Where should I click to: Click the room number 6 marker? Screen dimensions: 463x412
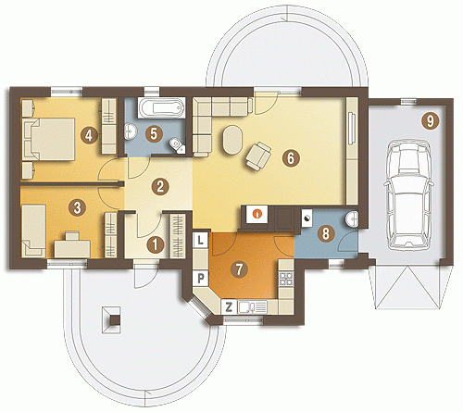tap(291, 158)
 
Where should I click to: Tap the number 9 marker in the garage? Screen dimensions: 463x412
tap(430, 120)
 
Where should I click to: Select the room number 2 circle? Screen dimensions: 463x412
tap(160, 186)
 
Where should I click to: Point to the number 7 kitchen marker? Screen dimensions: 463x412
tap(239, 269)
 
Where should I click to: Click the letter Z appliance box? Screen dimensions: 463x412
tap(229, 307)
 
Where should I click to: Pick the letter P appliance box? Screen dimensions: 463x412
tap(201, 279)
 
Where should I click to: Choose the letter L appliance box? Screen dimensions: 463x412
tap(201, 240)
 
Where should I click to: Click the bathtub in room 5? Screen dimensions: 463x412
tap(161, 108)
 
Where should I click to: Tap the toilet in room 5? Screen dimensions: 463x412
tap(177, 145)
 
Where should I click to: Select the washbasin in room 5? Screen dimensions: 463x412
tap(131, 131)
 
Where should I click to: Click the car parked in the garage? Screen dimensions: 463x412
tap(408, 194)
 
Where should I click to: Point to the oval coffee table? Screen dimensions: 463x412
tap(232, 140)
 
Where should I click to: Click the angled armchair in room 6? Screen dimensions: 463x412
tap(258, 156)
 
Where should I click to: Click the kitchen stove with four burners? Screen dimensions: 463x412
tap(286, 279)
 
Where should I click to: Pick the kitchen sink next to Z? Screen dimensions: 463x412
tap(252, 307)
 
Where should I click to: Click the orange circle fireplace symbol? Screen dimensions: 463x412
tap(257, 213)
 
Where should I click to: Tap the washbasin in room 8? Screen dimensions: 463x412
tap(352, 219)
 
